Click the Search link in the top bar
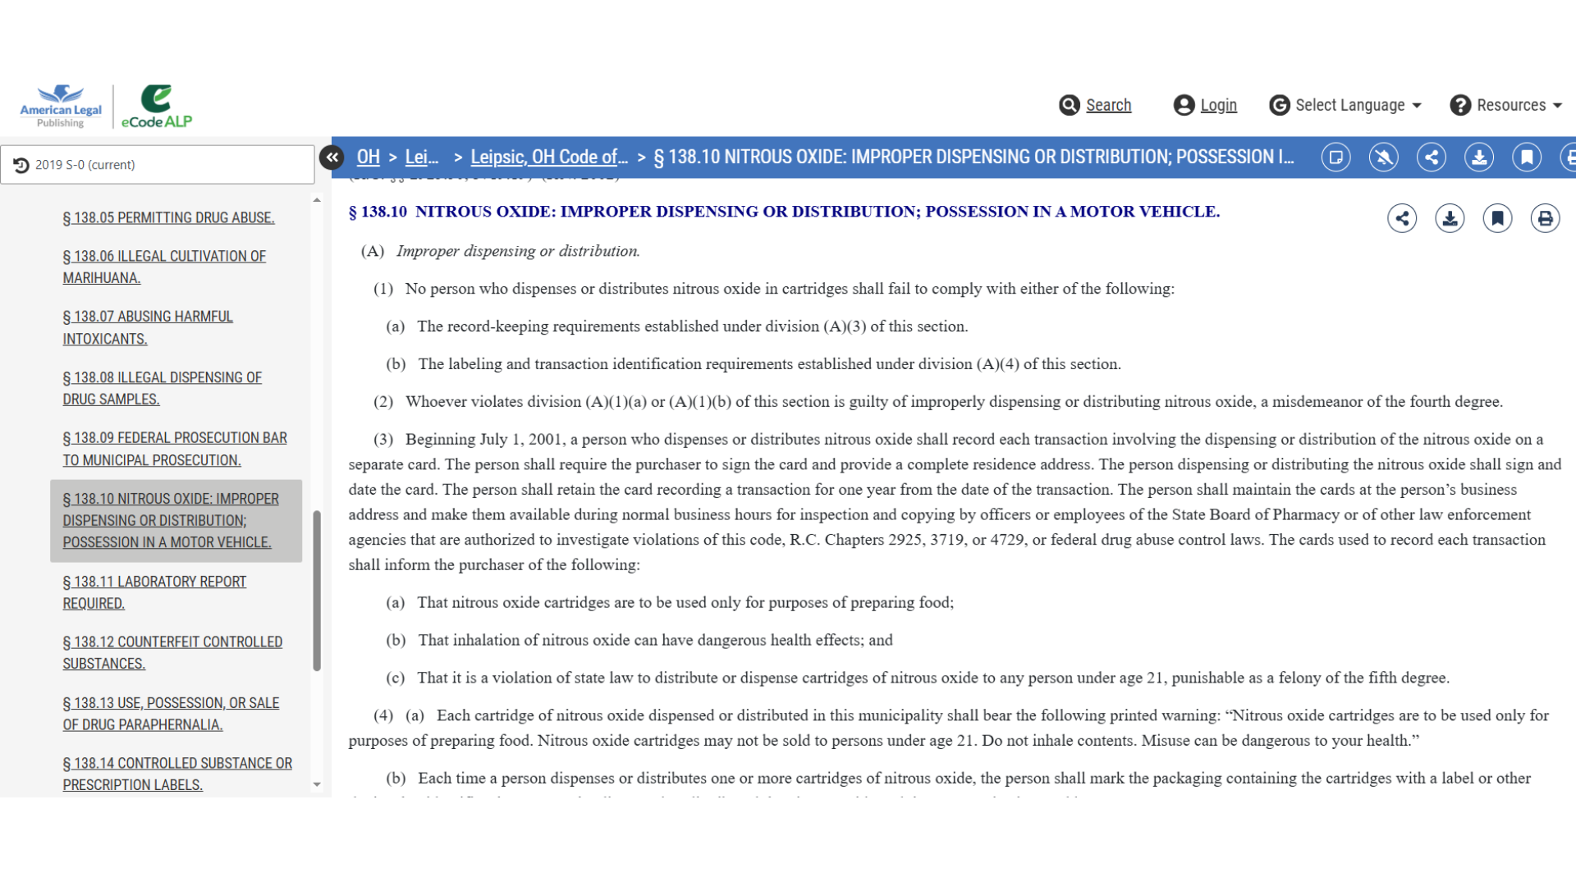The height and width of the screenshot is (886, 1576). pos(1107,105)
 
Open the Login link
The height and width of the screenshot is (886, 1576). pos(1217,105)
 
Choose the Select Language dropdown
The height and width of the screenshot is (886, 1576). pos(1349,105)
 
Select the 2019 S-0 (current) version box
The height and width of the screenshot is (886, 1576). pos(158,165)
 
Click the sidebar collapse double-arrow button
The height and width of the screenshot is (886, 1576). pos(332,157)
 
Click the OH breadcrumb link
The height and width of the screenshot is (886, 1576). pos(368,157)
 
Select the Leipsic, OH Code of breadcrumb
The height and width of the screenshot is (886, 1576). pos(548,157)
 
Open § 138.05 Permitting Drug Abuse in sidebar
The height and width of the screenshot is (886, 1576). pos(168,217)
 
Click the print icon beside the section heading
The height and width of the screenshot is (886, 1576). pos(1545,218)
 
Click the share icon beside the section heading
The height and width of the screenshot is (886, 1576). pos(1402,218)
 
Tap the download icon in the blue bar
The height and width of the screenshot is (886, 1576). pos(1479,157)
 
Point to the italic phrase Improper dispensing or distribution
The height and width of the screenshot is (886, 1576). pos(518,251)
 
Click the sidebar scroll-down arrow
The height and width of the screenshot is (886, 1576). pos(317,784)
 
